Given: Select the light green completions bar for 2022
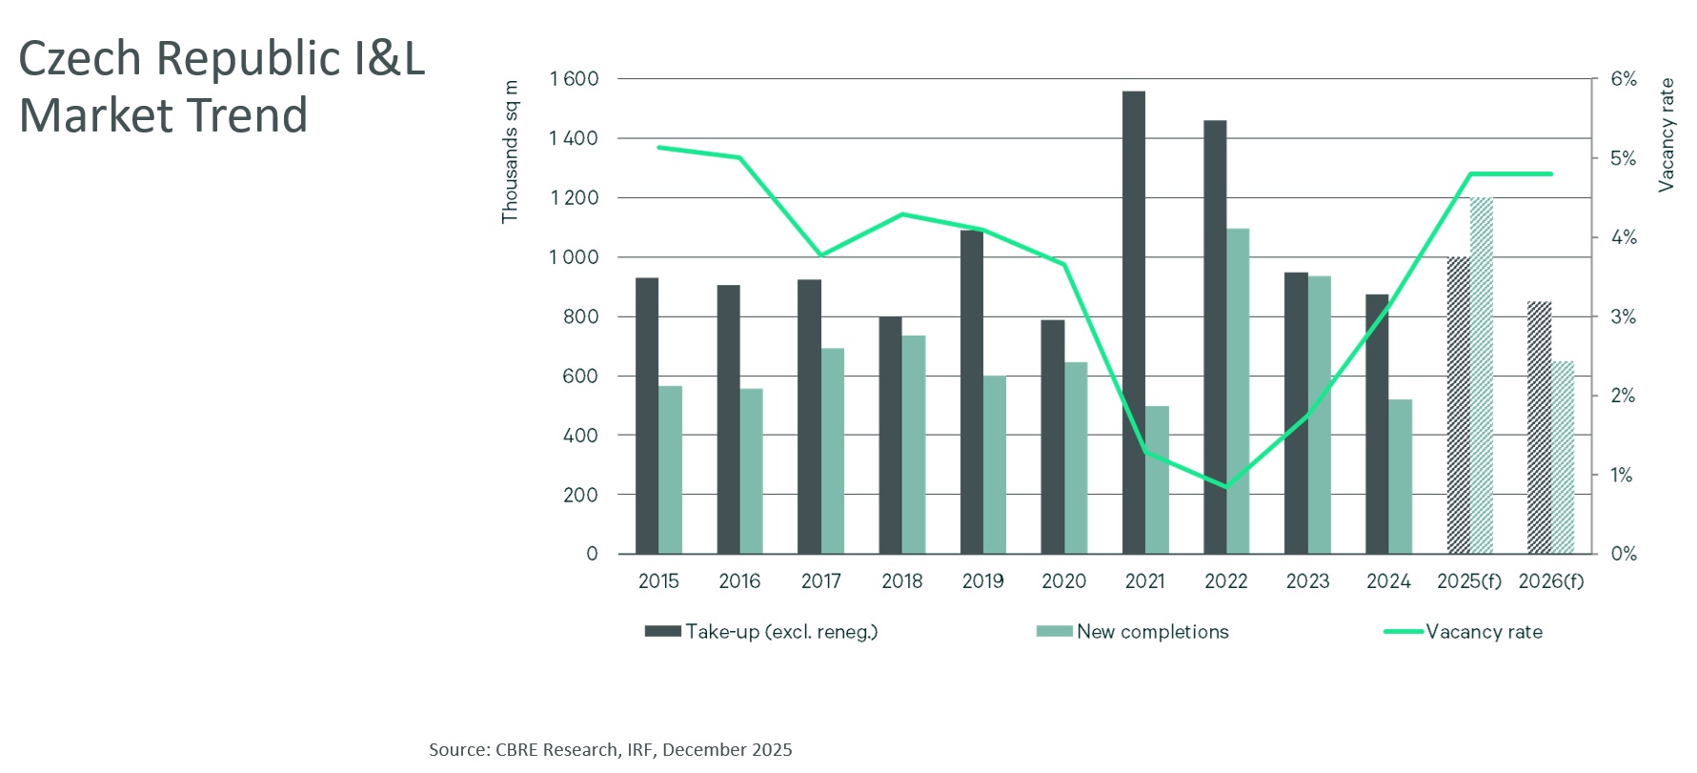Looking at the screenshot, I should tap(1238, 391).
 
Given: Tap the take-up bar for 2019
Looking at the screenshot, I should tap(971, 392).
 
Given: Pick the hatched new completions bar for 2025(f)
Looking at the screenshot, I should tap(1481, 376).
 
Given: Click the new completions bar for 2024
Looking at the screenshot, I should tap(1400, 477).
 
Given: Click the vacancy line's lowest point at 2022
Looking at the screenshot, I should tap(1226, 486).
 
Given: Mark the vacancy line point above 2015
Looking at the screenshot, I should tap(659, 148).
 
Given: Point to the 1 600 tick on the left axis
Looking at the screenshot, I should tap(575, 79).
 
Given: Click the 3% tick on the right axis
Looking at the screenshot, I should tap(1624, 316).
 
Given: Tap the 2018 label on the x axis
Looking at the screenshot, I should tap(901, 581).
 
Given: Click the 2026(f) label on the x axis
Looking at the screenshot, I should tap(1550, 581).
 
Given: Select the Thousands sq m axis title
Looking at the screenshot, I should tap(510, 153).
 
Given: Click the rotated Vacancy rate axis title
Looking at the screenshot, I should tap(1667, 135).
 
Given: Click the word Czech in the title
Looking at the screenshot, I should tap(80, 59).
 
